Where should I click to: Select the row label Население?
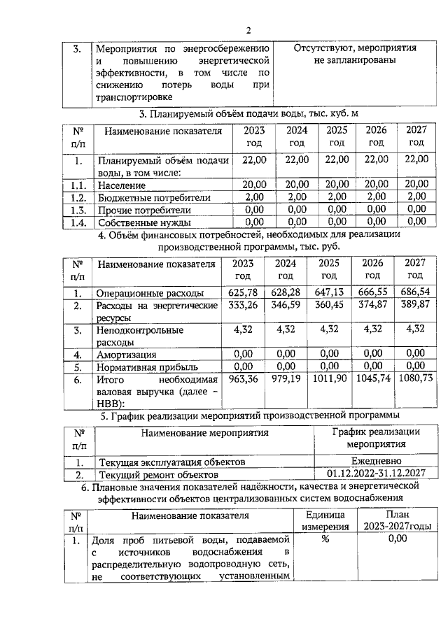pyautogui.click(x=122, y=185)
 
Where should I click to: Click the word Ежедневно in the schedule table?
pyautogui.click(x=376, y=462)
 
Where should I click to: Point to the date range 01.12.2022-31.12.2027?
pyautogui.click(x=376, y=474)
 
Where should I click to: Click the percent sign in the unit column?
pyautogui.click(x=325, y=539)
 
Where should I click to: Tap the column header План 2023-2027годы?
pyautogui.click(x=397, y=521)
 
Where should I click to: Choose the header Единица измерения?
pyautogui.click(x=325, y=521)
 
